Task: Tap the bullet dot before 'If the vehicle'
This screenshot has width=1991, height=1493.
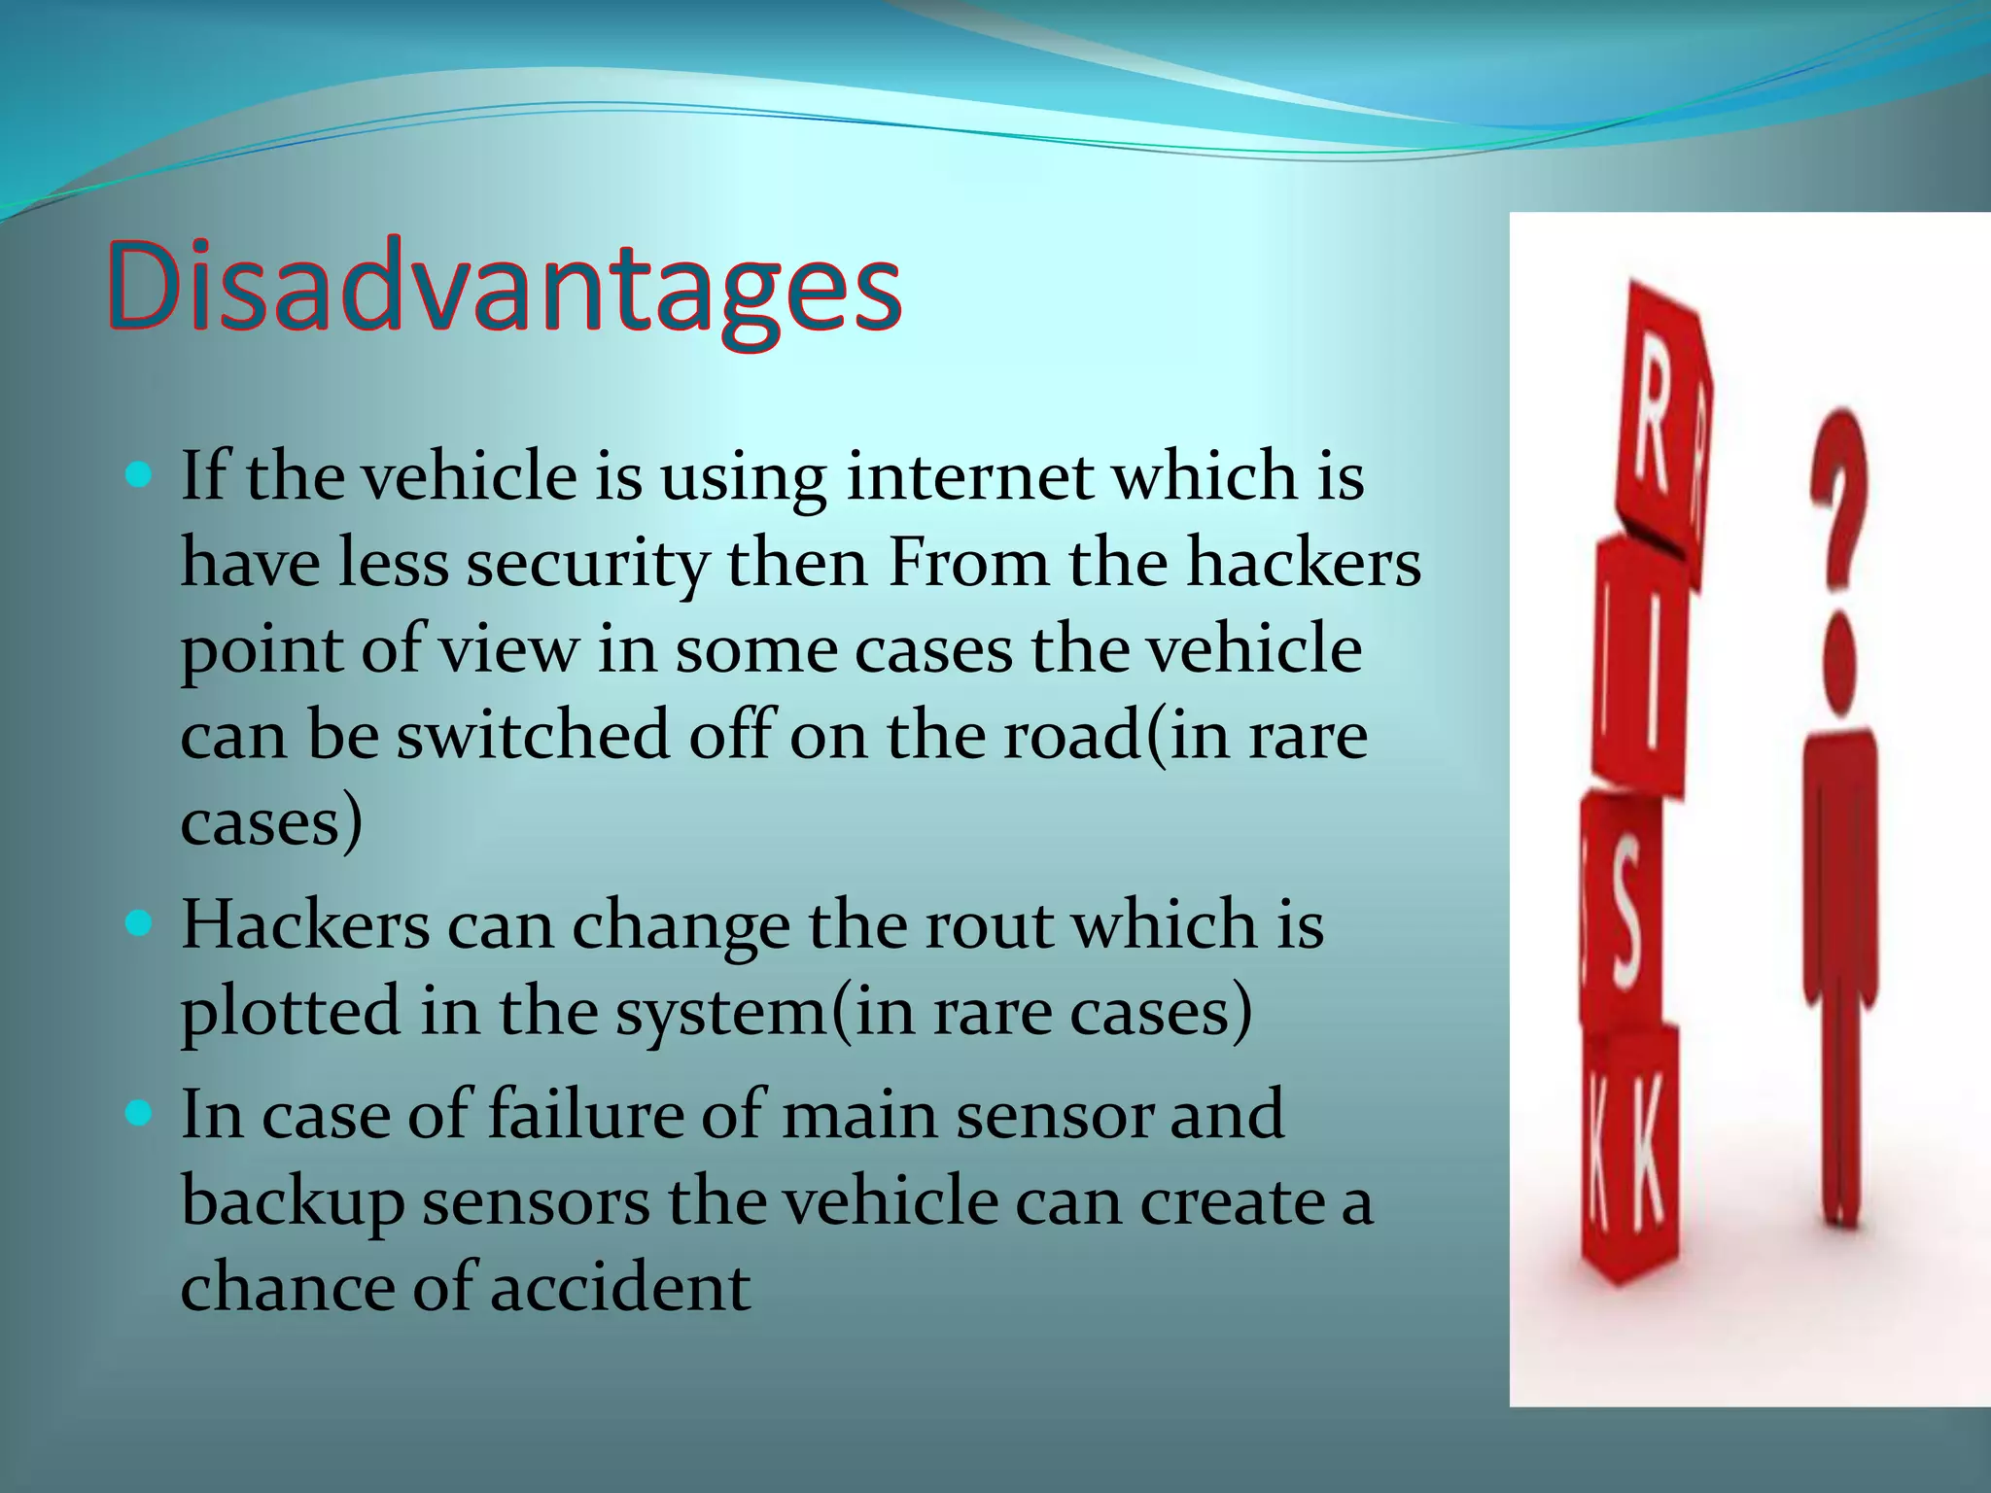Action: (x=140, y=475)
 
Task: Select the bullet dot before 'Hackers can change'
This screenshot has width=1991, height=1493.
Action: (x=140, y=923)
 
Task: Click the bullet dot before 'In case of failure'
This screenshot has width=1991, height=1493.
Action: (x=140, y=1112)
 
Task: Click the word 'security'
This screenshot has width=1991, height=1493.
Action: (x=587, y=564)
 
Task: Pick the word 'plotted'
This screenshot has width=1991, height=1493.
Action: (x=290, y=1011)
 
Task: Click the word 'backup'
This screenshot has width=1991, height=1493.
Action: (x=292, y=1201)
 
